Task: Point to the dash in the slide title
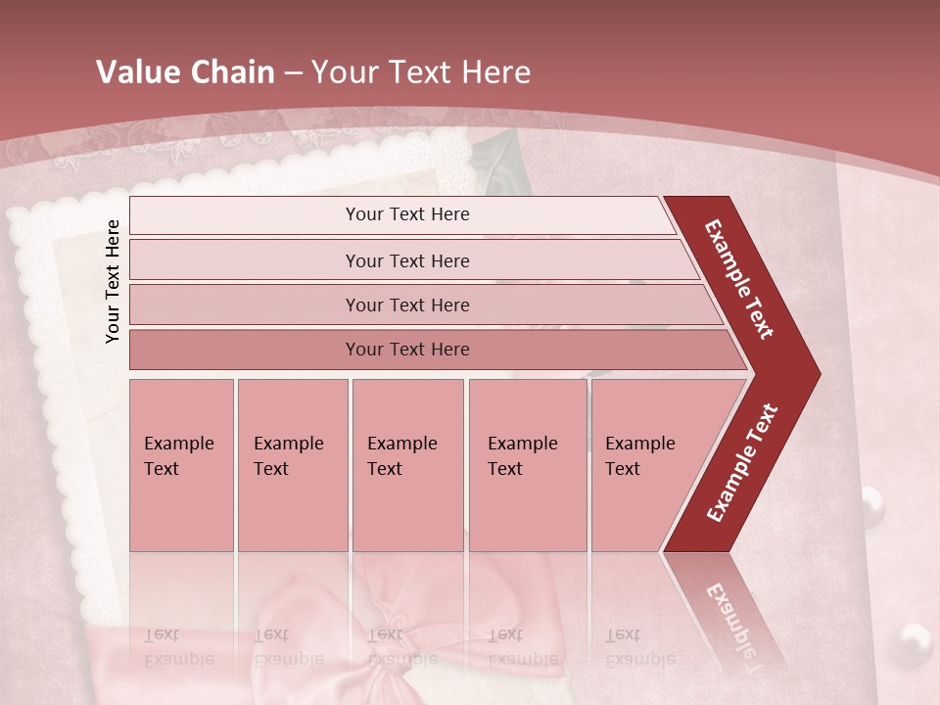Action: tap(293, 73)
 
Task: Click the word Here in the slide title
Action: tap(495, 72)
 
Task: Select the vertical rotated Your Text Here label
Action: tap(114, 281)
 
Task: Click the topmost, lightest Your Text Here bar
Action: tap(407, 214)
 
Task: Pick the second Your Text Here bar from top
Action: tap(407, 260)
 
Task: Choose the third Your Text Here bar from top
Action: tap(407, 305)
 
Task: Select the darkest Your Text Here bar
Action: tap(407, 350)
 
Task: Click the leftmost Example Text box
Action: tap(181, 465)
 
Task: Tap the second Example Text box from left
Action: tap(292, 465)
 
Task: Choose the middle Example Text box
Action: tap(407, 465)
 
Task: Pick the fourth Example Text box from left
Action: tap(527, 465)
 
